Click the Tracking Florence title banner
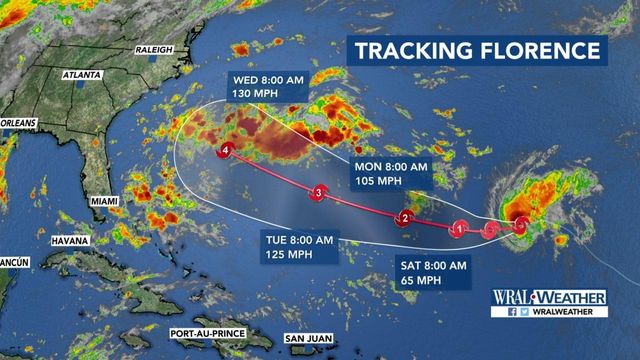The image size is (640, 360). pos(476,51)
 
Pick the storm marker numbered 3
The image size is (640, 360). pos(318,193)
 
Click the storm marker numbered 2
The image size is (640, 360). pos(406,219)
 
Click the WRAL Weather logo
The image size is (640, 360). pos(548,296)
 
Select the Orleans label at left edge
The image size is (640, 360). pos(18,123)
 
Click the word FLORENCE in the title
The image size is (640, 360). pos(538,51)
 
